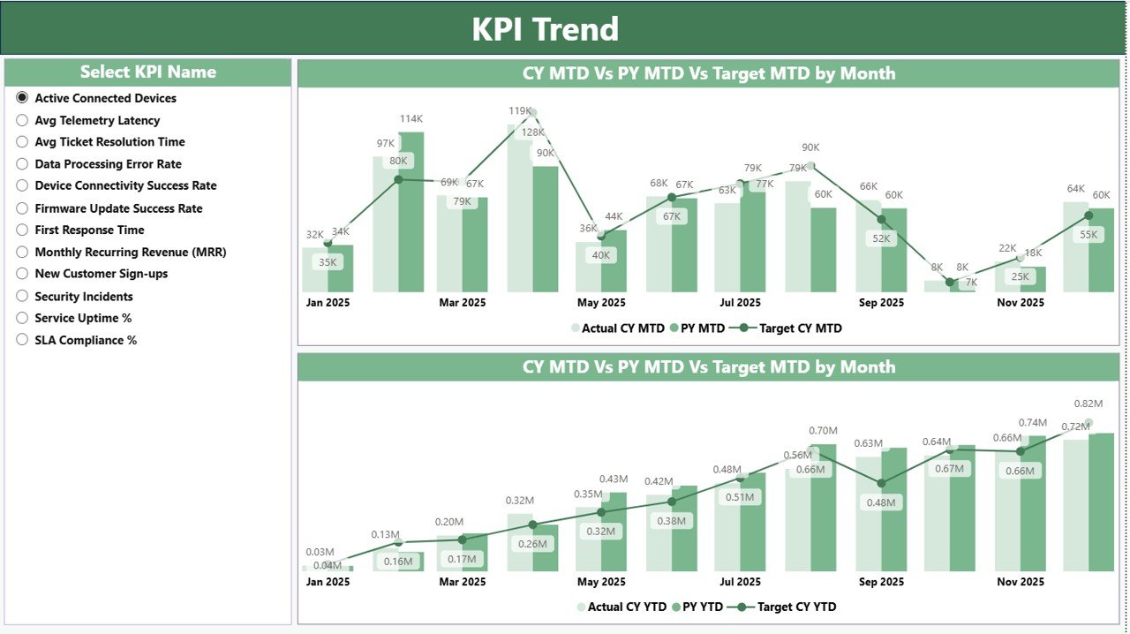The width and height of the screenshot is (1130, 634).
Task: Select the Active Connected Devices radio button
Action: click(23, 98)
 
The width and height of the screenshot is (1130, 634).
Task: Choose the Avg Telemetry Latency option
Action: click(23, 120)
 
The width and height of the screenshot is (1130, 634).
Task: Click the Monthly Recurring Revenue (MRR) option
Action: click(23, 252)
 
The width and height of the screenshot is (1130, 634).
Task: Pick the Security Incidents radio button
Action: click(23, 297)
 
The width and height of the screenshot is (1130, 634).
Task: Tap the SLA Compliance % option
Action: click(23, 340)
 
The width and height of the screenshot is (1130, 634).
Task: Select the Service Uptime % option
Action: click(23, 318)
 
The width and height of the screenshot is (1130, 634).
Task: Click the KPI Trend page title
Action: click(545, 29)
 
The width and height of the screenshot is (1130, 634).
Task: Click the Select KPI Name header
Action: click(147, 72)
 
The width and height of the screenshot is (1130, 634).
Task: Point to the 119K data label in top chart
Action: click(520, 111)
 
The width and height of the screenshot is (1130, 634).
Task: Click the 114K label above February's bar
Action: click(411, 119)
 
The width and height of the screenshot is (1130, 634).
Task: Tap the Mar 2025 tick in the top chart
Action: click(462, 303)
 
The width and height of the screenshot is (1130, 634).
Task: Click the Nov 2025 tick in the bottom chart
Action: click(1020, 582)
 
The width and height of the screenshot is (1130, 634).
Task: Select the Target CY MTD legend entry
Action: click(790, 328)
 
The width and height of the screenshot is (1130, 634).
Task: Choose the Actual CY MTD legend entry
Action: click(617, 328)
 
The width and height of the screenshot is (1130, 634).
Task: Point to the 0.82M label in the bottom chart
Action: click(1088, 404)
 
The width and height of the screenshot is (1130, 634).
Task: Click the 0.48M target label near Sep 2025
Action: click(880, 502)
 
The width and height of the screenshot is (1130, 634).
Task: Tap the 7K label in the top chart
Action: click(971, 282)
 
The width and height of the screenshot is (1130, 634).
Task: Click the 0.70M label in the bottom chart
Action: click(823, 431)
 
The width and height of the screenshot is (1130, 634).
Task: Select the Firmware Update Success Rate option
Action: click(23, 208)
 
